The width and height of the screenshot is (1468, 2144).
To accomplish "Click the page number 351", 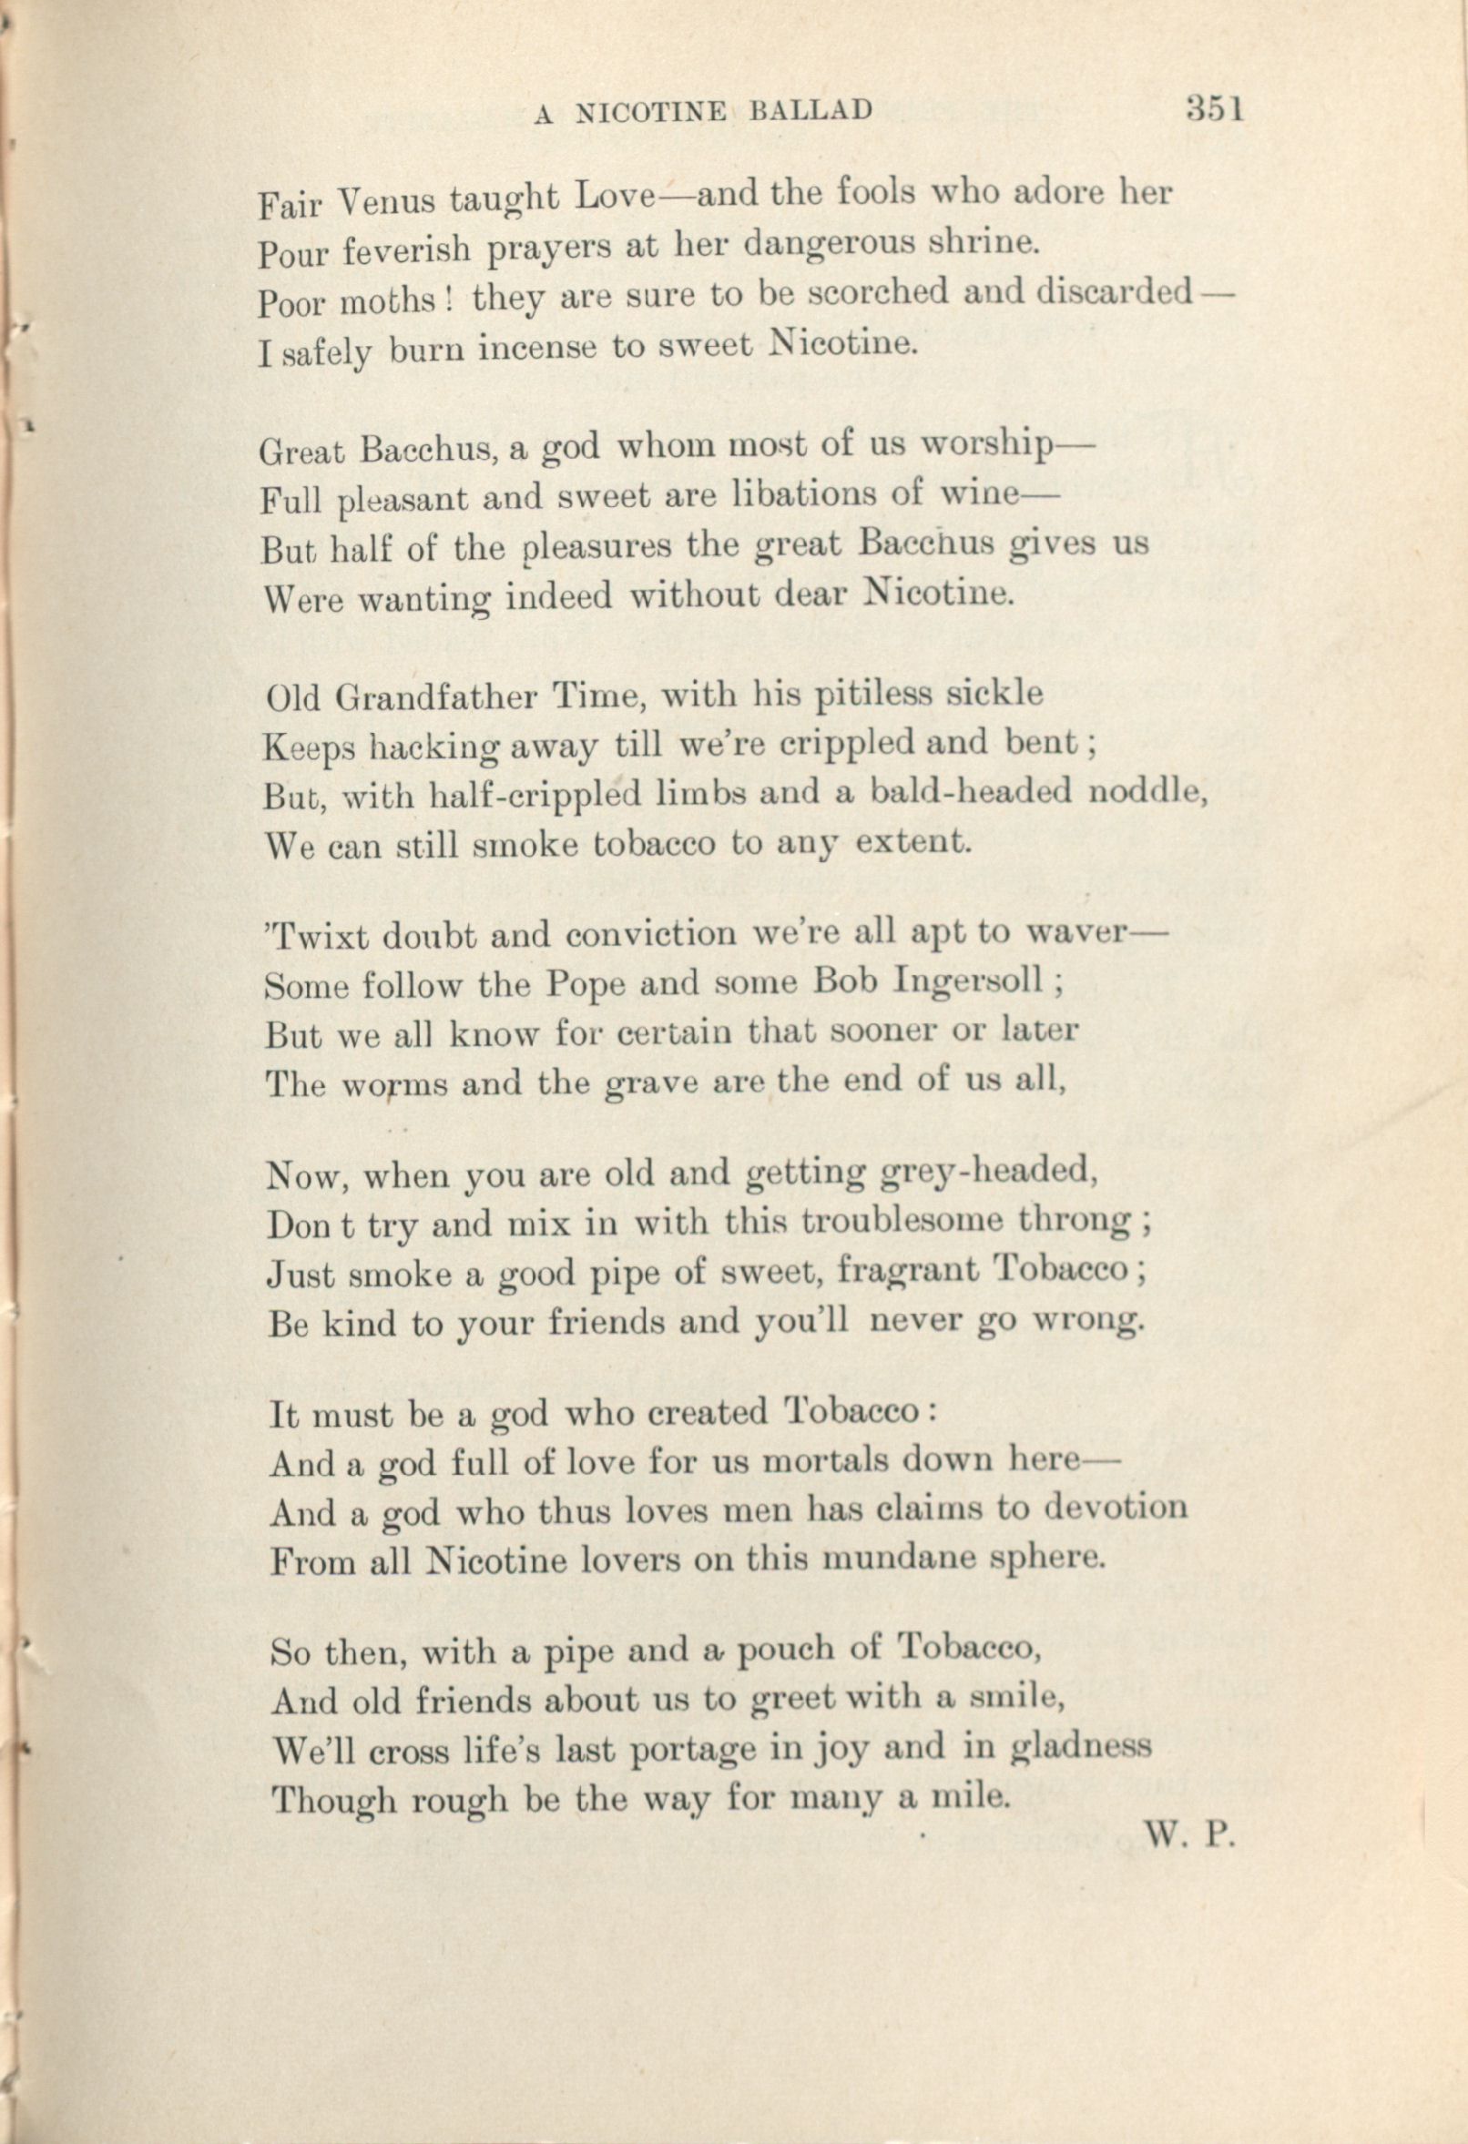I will [x=1215, y=109].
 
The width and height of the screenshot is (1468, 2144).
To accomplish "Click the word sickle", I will [x=997, y=693].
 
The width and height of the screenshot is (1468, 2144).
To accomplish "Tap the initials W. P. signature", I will [x=1190, y=1836].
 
